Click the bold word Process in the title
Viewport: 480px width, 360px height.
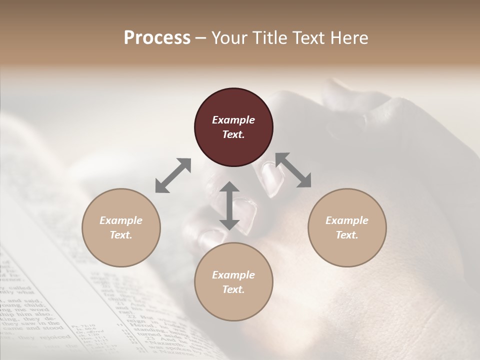pyautogui.click(x=157, y=38)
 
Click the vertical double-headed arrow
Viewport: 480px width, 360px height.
pyautogui.click(x=229, y=205)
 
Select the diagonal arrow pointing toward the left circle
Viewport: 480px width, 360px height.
pyautogui.click(x=173, y=175)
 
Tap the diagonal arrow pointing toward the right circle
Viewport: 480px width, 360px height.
pyautogui.click(x=293, y=170)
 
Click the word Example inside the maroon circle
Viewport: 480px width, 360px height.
pyautogui.click(x=233, y=120)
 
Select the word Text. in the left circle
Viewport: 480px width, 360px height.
pyautogui.click(x=121, y=235)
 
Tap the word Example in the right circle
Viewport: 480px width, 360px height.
pyautogui.click(x=347, y=220)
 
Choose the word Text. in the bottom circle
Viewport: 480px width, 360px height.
pyautogui.click(x=233, y=289)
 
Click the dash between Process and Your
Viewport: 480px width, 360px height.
pyautogui.click(x=200, y=38)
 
